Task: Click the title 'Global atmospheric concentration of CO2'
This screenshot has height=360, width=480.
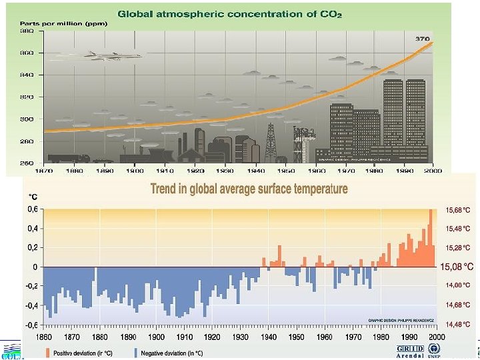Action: (x=230, y=13)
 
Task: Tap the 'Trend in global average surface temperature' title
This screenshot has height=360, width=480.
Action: (x=249, y=189)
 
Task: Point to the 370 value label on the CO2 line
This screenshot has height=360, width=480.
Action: (x=423, y=39)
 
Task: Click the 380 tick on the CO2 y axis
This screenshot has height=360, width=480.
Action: (x=27, y=31)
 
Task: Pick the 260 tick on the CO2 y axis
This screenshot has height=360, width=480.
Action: (x=27, y=163)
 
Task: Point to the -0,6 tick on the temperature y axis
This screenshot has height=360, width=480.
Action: (x=31, y=325)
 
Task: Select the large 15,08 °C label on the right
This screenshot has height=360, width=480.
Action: (x=457, y=267)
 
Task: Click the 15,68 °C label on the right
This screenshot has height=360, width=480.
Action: (x=457, y=210)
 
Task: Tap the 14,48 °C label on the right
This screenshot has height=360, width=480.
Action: (x=457, y=324)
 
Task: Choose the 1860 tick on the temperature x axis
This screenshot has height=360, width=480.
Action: (x=43, y=337)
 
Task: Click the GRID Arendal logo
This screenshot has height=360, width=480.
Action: (x=409, y=351)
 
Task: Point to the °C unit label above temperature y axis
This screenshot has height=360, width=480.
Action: (x=31, y=197)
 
